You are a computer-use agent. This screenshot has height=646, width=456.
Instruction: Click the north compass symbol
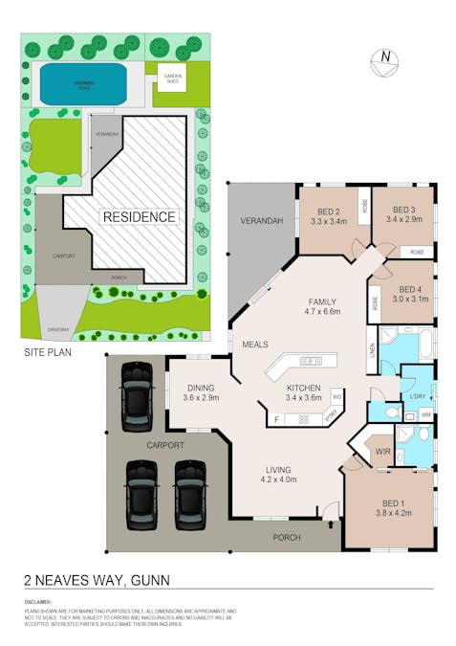[x=384, y=59]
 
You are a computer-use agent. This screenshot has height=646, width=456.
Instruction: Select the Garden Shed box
[x=172, y=78]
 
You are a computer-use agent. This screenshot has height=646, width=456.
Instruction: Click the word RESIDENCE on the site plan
[x=140, y=217]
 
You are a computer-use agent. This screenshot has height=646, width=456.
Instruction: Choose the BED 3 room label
[x=402, y=210]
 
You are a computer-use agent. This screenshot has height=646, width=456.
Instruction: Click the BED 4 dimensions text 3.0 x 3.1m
[x=411, y=300]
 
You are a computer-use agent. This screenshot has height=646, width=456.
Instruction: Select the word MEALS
[x=255, y=345]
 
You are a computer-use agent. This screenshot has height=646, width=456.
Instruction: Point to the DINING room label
[x=201, y=388]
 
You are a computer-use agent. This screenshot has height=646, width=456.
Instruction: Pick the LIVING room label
[x=278, y=469]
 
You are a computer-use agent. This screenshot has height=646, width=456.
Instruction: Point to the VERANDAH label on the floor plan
[x=262, y=222]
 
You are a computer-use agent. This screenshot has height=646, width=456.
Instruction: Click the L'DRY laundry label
[x=417, y=395]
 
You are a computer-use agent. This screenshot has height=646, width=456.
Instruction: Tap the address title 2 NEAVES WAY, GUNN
[x=97, y=579]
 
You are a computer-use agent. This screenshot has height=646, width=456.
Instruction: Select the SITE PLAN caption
[x=47, y=353]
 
